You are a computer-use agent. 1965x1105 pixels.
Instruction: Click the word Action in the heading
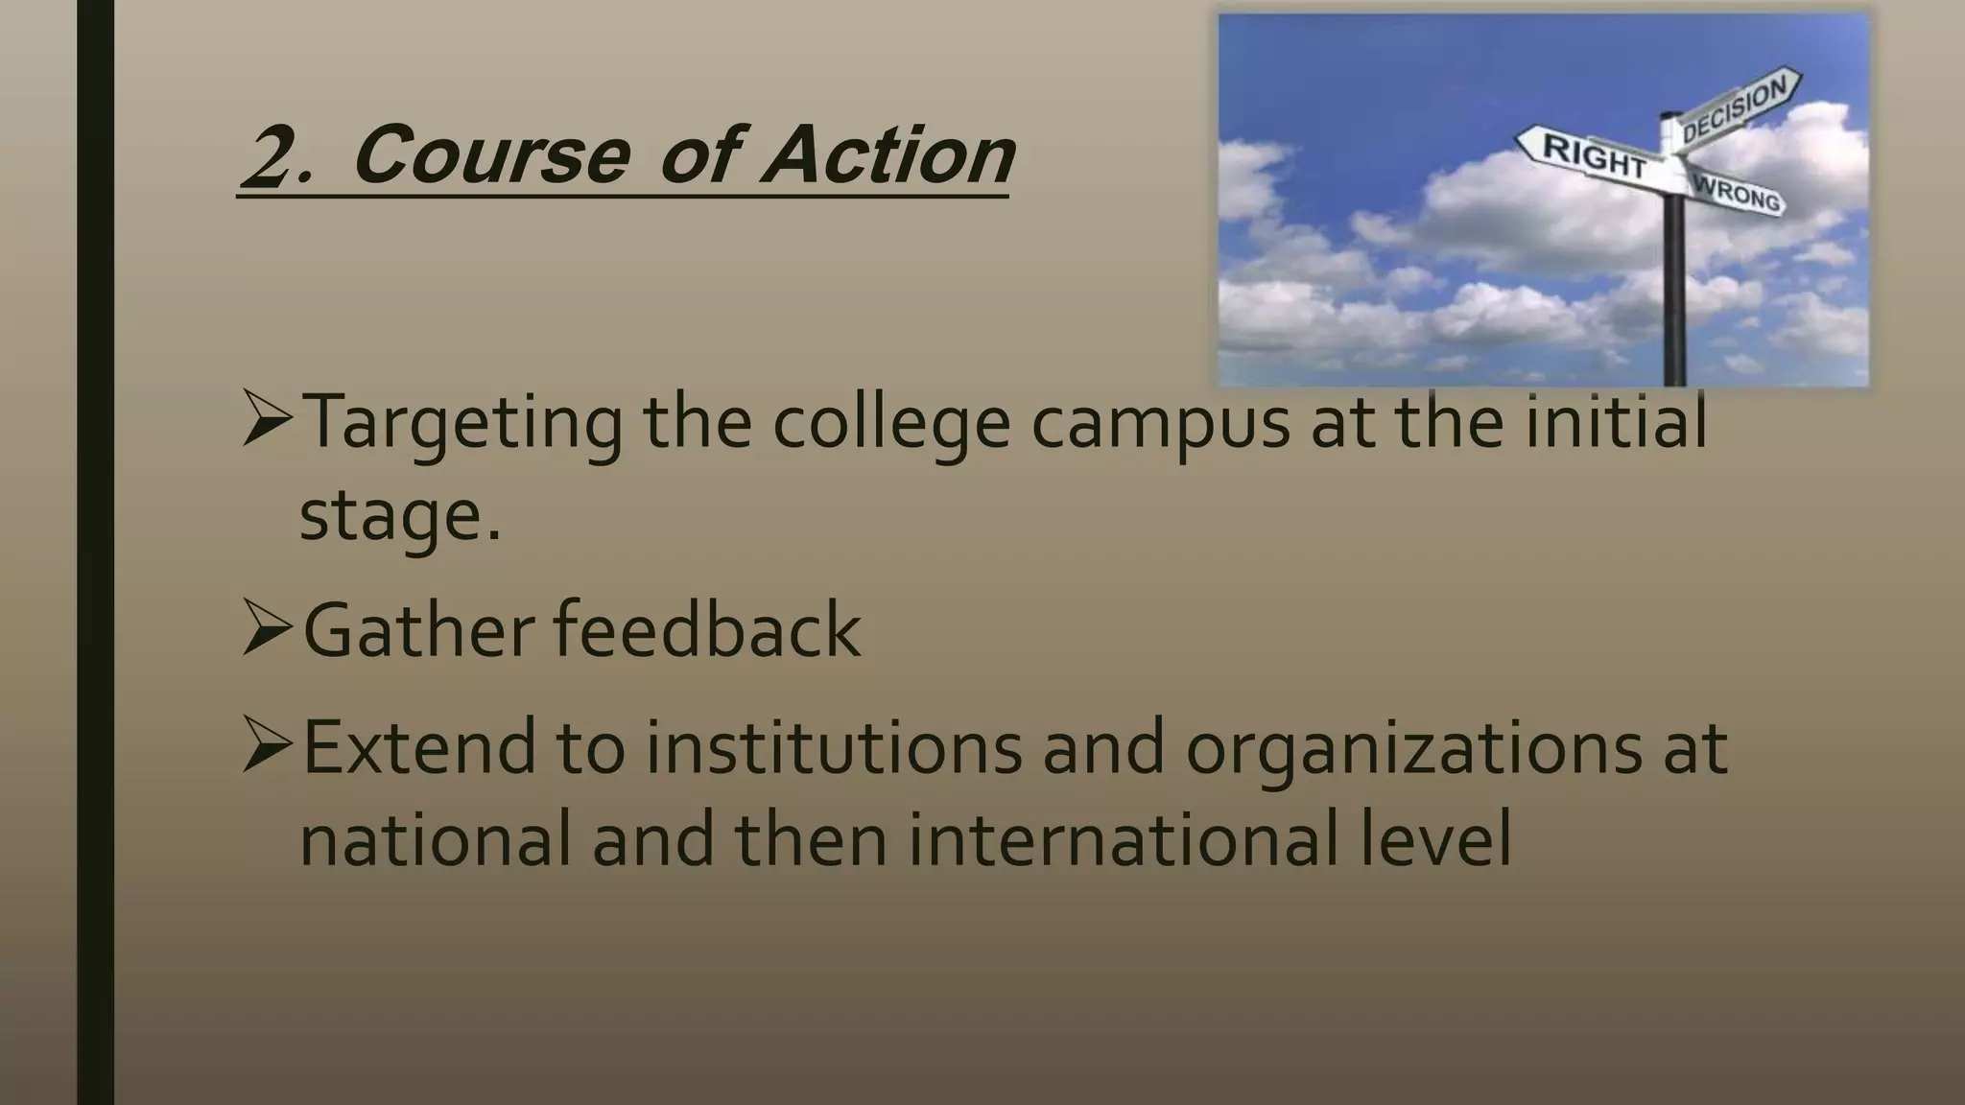[888, 155]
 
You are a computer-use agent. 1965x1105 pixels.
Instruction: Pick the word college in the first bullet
[891, 424]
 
